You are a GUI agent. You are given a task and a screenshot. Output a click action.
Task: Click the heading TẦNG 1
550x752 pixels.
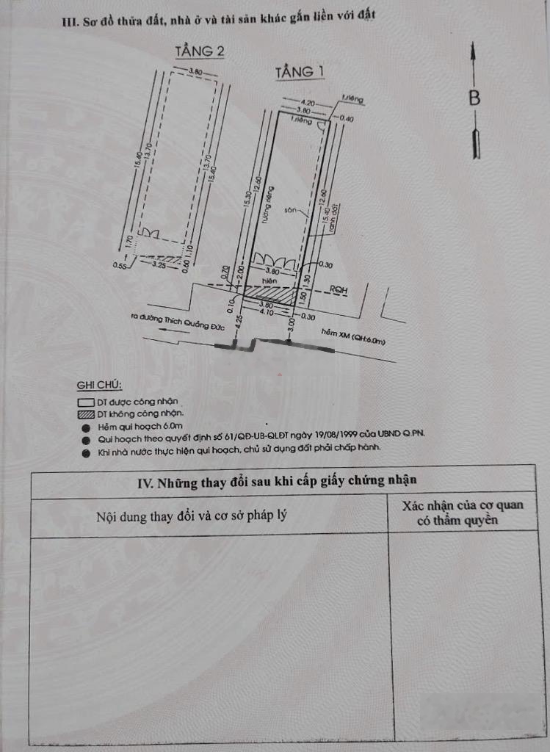point(300,72)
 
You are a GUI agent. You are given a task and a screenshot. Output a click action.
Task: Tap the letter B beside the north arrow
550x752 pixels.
point(475,98)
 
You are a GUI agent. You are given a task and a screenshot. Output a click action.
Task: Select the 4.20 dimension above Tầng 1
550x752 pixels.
point(308,103)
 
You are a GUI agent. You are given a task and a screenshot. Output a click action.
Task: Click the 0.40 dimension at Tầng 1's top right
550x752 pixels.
point(347,118)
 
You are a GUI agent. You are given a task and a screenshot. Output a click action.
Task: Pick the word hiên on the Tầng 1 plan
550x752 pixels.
point(269,281)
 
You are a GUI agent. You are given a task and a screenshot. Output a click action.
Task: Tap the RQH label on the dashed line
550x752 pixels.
point(339,290)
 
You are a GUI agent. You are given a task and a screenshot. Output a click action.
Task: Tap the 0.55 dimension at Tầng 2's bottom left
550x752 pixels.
point(120,265)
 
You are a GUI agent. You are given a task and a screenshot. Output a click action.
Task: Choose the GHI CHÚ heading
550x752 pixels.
point(100,386)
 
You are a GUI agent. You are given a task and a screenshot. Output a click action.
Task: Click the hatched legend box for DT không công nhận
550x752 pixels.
point(87,414)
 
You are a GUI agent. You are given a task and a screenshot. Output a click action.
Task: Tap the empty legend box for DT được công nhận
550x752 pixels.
point(87,402)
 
